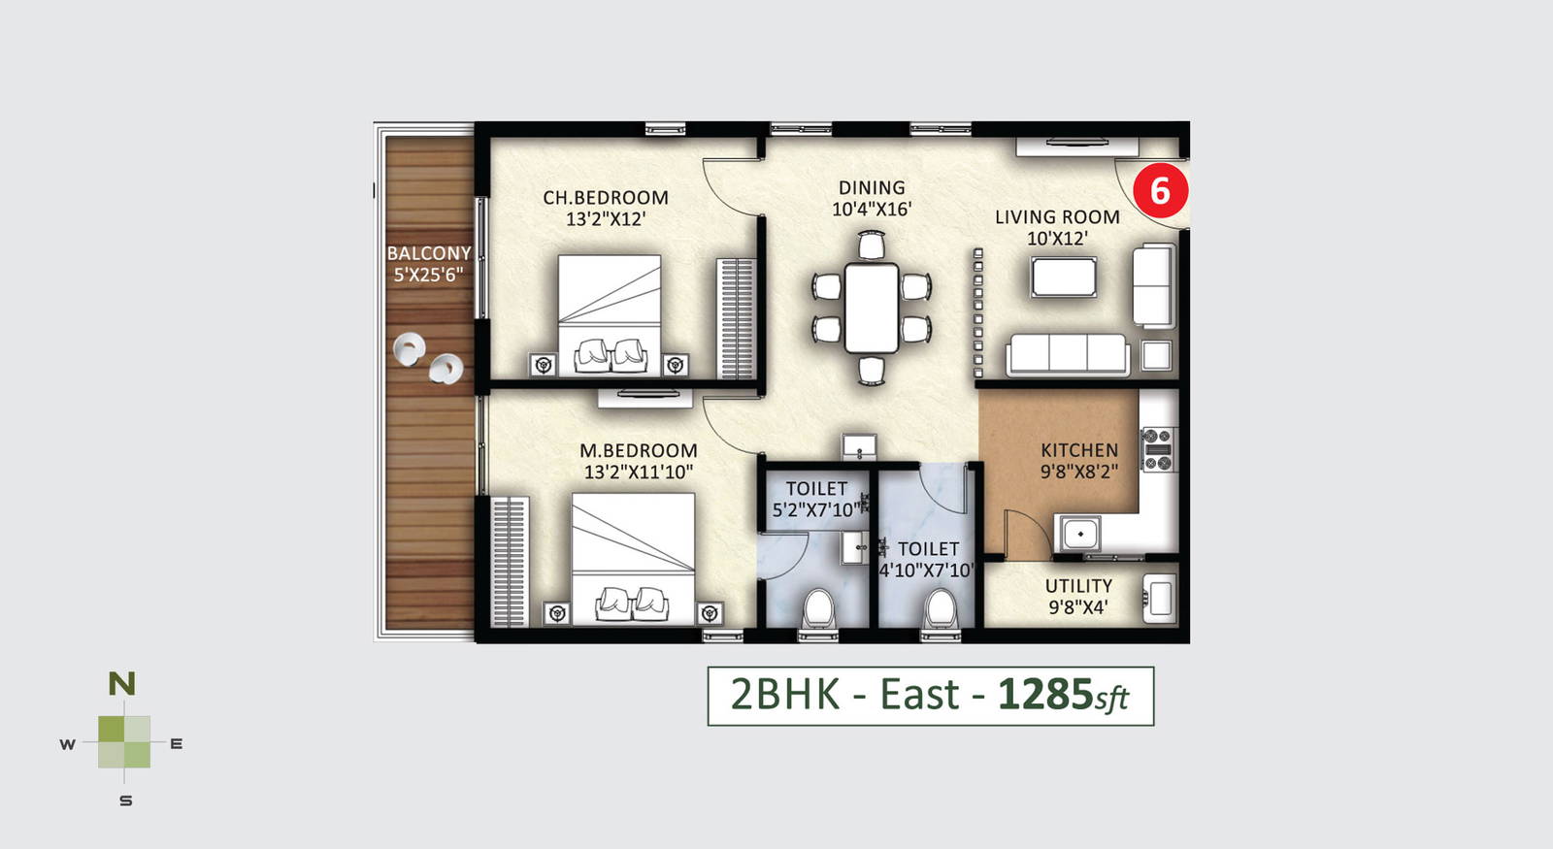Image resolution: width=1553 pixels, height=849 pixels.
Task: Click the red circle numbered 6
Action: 1160,190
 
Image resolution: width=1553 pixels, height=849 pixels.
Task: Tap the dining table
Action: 872,308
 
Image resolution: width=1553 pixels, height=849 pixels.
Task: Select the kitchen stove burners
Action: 1159,450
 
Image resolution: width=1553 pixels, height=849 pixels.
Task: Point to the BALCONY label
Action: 429,253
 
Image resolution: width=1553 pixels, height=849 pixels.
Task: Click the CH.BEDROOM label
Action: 606,198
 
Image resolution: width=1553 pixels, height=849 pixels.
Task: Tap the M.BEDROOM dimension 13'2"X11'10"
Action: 639,472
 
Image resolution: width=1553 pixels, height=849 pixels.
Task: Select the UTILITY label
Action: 1078,586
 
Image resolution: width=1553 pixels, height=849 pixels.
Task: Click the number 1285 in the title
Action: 1044,695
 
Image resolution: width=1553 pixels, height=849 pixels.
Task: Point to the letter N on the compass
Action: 122,684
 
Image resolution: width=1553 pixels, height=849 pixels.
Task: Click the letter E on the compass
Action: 176,743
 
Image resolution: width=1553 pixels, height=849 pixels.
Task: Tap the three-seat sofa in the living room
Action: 1067,355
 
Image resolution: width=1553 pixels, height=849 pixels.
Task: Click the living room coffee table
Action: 1064,278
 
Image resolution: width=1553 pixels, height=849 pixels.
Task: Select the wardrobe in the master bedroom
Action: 510,561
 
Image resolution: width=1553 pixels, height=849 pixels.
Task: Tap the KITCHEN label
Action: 1078,450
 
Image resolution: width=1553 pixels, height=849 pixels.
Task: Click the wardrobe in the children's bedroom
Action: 736,318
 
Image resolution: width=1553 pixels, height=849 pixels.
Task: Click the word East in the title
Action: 919,695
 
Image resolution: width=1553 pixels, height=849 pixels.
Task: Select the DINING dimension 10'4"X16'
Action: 872,210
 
